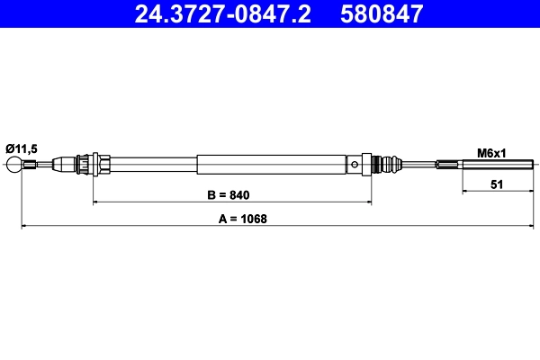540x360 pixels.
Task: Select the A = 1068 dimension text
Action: click(240, 219)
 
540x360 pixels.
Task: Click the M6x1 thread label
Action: click(491, 152)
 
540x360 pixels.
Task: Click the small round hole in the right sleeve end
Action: click(358, 165)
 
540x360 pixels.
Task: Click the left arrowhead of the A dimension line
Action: click(24, 226)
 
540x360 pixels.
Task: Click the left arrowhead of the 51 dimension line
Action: click(465, 191)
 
